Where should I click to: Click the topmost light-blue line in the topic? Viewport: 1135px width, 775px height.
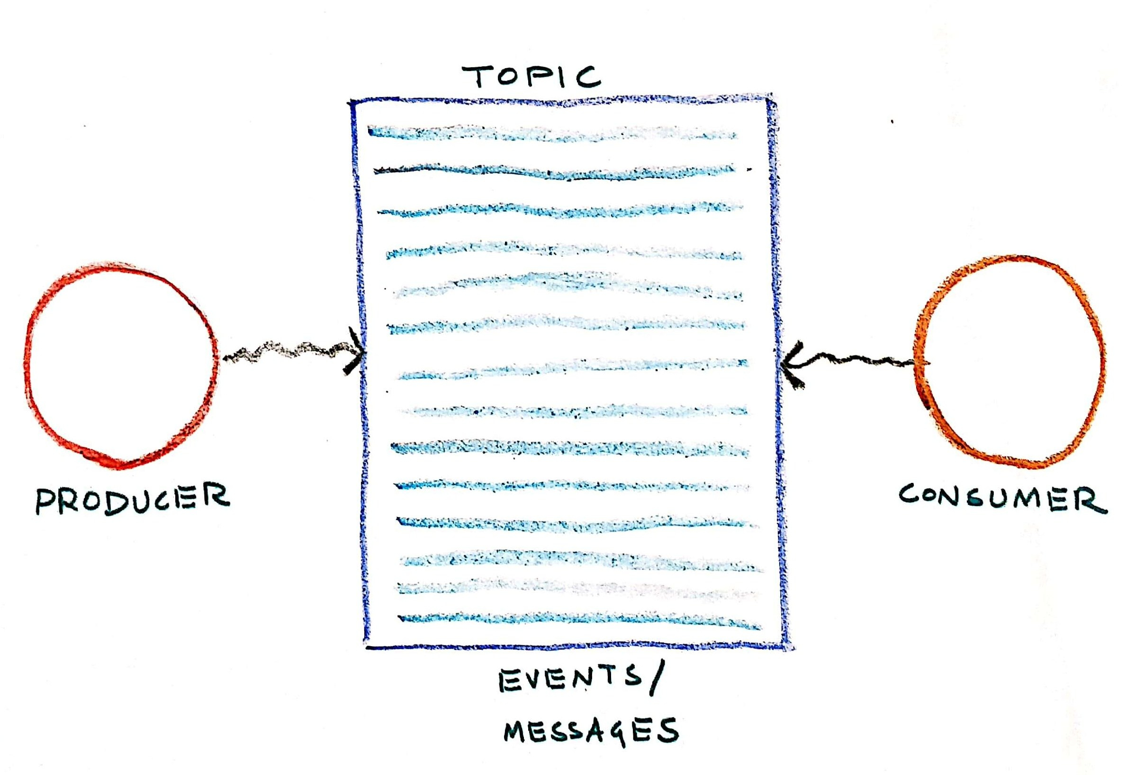click(552, 133)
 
